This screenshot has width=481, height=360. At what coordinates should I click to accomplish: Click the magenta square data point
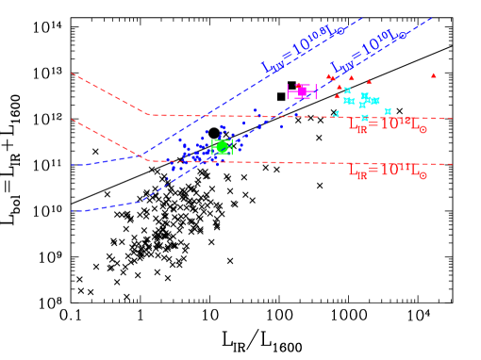[x=302, y=91]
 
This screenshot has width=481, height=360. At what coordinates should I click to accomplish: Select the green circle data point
[x=222, y=147]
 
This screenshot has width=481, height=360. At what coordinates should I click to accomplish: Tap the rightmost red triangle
[x=434, y=75]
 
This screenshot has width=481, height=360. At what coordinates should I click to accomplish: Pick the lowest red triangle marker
[x=336, y=96]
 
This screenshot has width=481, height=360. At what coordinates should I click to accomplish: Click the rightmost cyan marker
[x=388, y=111]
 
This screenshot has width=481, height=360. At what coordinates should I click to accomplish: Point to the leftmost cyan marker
[x=336, y=114]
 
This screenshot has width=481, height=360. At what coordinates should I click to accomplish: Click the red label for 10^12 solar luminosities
[x=388, y=124]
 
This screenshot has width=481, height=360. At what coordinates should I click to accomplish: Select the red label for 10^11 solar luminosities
[x=388, y=171]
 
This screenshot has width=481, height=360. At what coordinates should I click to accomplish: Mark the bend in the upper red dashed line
[x=149, y=115]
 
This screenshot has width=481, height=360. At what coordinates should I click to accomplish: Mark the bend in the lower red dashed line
[x=151, y=161]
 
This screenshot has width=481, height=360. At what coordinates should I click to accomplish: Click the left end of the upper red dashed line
[x=72, y=74]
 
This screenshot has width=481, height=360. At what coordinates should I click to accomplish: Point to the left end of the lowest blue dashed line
[x=72, y=212]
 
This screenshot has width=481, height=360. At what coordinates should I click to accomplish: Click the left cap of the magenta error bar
[x=289, y=91]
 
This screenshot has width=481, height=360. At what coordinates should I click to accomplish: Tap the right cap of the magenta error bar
[x=316, y=91]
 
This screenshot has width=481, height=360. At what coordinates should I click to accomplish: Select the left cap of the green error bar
[x=212, y=147]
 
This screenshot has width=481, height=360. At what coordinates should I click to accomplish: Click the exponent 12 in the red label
[x=404, y=120]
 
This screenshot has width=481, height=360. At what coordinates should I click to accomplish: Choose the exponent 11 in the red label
[x=404, y=166]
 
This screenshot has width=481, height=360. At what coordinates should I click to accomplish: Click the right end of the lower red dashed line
[x=453, y=164]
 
